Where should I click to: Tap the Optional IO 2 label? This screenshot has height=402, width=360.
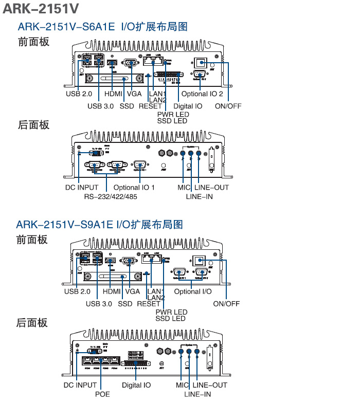[x=202, y=94]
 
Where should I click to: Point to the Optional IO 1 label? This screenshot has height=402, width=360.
[x=134, y=188]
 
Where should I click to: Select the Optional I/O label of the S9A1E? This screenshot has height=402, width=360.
[x=192, y=291]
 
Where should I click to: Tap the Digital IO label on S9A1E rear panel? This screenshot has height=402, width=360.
[x=136, y=385]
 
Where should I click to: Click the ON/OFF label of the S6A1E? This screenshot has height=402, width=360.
[x=228, y=106]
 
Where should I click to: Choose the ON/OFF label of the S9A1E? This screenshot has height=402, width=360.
[x=226, y=303]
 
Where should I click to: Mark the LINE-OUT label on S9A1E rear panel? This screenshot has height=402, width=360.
[x=210, y=385]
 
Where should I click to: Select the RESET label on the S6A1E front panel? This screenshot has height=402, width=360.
[x=150, y=106]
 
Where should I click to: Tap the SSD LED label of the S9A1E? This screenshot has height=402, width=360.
[x=171, y=319]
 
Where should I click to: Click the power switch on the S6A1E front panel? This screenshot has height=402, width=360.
[x=201, y=63]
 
